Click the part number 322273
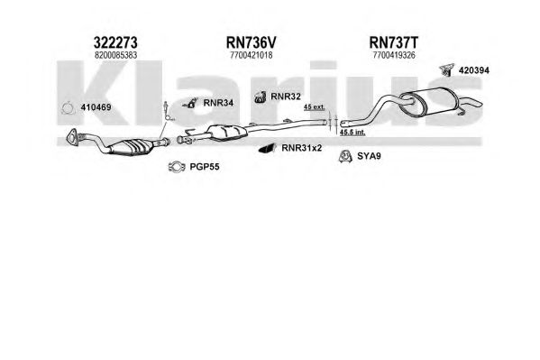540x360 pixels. (115, 42)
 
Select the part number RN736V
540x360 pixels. (251, 42)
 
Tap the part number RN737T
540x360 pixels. (394, 42)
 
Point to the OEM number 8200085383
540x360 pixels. (115, 55)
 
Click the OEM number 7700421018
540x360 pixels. (251, 55)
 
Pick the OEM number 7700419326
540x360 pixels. (394, 55)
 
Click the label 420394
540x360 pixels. (474, 70)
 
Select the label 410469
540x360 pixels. (96, 107)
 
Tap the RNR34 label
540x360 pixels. (218, 103)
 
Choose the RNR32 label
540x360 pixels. (286, 97)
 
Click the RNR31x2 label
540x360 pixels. (302, 148)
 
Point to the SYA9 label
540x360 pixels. (369, 156)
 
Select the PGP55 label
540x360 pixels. (205, 167)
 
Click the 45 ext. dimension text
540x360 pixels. (314, 106)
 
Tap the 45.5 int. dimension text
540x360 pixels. (352, 132)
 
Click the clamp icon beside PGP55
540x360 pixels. (177, 167)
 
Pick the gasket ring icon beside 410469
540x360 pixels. (68, 108)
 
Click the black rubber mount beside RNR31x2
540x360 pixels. (267, 148)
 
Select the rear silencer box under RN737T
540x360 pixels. (428, 103)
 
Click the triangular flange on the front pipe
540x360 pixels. (71, 135)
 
